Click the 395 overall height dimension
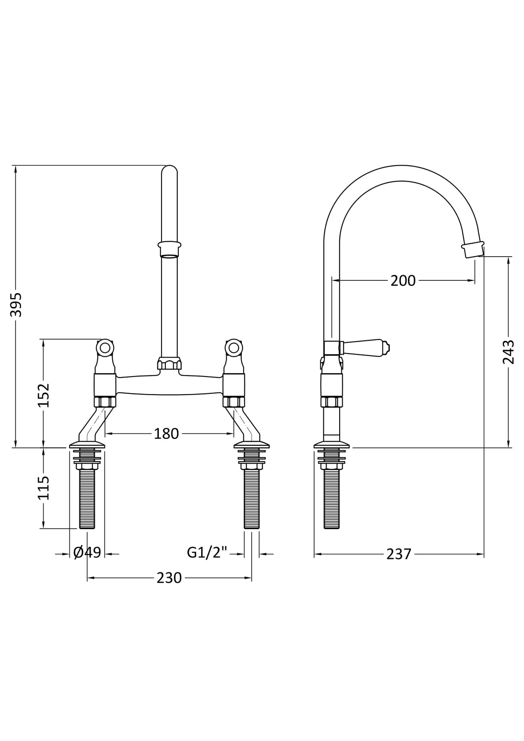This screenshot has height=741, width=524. (x=16, y=305)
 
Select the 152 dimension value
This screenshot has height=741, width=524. (x=44, y=395)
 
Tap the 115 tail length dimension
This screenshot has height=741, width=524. (x=44, y=488)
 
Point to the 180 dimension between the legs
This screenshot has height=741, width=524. (x=166, y=434)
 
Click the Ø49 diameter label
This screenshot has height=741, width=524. (x=87, y=553)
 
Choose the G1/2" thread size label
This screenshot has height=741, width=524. (x=207, y=553)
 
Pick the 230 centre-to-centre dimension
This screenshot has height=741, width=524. (x=169, y=578)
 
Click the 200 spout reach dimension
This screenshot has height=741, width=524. (x=403, y=281)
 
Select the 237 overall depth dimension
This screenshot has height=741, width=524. (x=398, y=554)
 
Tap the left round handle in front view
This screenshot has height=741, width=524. (x=105, y=347)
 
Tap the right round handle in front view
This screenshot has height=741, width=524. (x=234, y=347)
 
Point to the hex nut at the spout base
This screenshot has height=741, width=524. (x=169, y=364)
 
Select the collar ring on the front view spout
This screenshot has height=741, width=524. (x=169, y=249)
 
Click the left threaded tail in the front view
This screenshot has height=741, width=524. (x=88, y=500)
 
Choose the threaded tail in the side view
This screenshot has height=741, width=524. (x=331, y=500)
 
